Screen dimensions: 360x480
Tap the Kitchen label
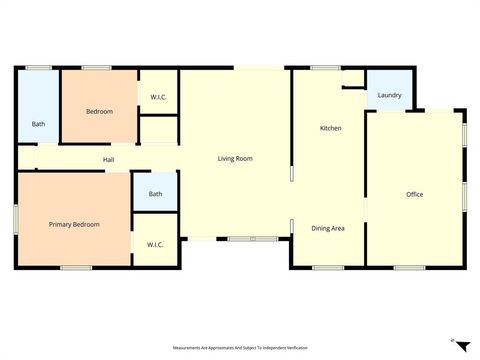pos(331,129)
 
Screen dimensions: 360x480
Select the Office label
pos(415,194)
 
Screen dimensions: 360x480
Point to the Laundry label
pos(390,96)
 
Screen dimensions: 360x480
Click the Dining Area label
pos(328,229)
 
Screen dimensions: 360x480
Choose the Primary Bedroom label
pos(74,225)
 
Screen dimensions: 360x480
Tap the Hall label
pos(108,160)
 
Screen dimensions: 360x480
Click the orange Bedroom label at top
pos(99,111)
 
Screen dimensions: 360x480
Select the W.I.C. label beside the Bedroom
pos(158,97)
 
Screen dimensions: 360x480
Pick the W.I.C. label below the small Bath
pos(155,245)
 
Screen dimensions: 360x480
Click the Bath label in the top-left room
pos(38,124)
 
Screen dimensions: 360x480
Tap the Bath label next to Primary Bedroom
pos(155,194)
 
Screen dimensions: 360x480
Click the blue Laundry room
pos(389,88)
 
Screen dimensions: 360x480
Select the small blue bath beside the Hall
pos(155,191)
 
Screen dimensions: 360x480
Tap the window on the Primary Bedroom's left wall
pos(16,219)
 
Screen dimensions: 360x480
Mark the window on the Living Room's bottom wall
pos(252,239)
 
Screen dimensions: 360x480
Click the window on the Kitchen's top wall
pos(325,68)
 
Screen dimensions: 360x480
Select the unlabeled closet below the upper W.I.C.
pos(158,130)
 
